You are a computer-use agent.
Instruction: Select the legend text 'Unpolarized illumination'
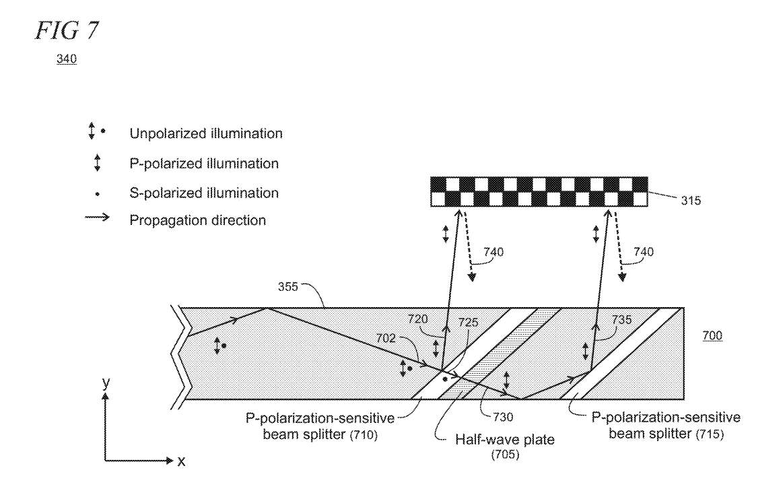click(205, 133)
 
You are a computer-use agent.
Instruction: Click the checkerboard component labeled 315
click(539, 191)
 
